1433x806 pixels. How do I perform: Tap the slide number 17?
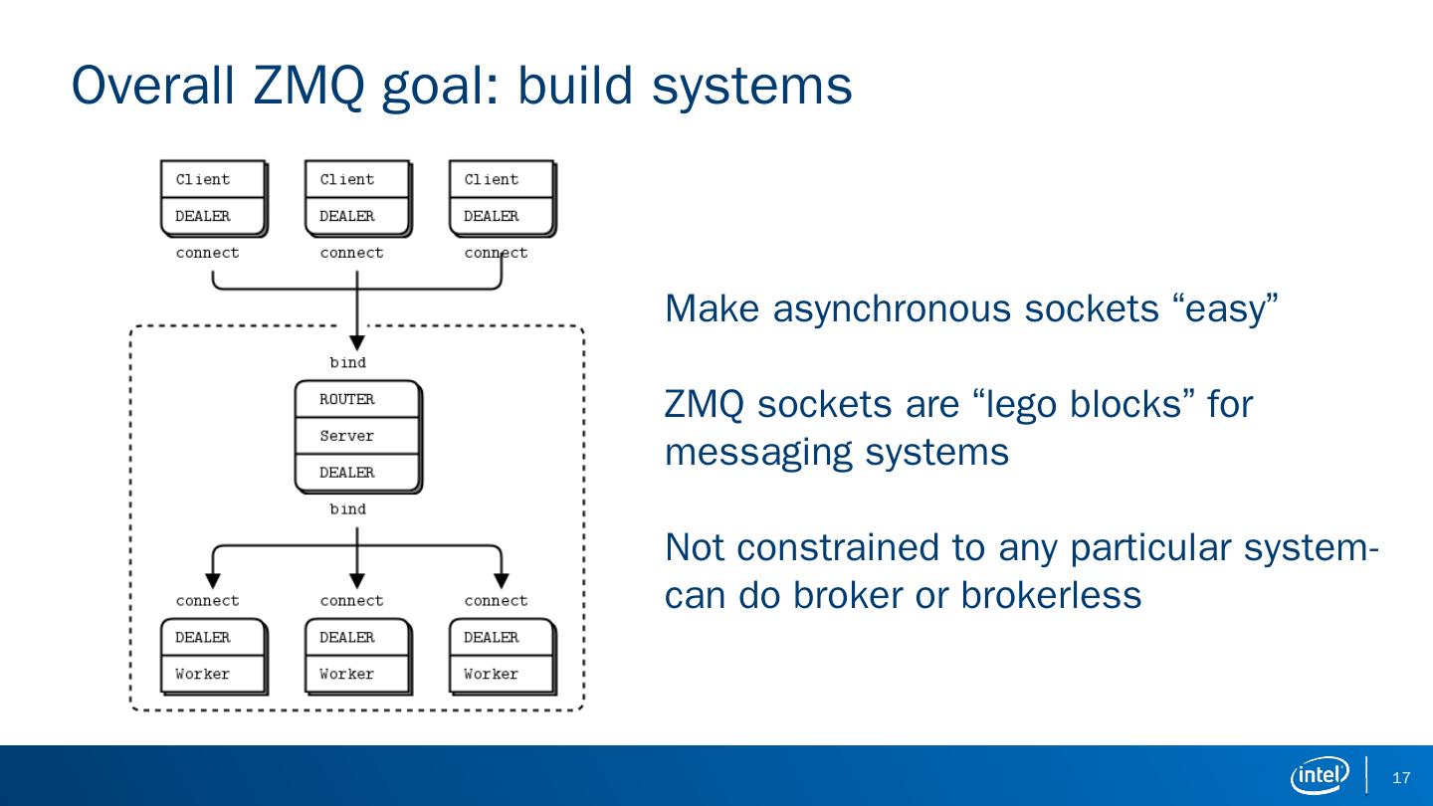pyautogui.click(x=1402, y=778)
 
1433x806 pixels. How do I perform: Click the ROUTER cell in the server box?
pyautogui.click(x=357, y=399)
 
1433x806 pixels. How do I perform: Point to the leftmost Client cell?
pyautogui.click(x=213, y=180)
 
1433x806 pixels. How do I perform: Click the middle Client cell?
pyautogui.click(x=357, y=180)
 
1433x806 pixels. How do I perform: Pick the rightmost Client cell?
pyautogui.click(x=502, y=180)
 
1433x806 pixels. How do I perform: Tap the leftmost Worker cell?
pyautogui.click(x=213, y=674)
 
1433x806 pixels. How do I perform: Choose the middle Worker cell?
pyautogui.click(x=357, y=674)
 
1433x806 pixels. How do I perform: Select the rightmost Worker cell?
pyautogui.click(x=502, y=674)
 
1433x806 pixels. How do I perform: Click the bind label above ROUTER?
pyautogui.click(x=348, y=362)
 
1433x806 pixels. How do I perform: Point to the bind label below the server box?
pyautogui.click(x=348, y=508)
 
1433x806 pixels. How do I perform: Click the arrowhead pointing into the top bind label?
pyautogui.click(x=357, y=342)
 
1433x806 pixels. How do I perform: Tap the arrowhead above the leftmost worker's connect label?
pyautogui.click(x=213, y=580)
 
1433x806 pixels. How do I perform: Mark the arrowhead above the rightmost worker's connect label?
pyautogui.click(x=502, y=580)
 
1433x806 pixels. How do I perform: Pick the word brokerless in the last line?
pyautogui.click(x=1050, y=595)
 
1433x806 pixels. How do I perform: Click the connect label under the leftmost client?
pyautogui.click(x=208, y=253)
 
